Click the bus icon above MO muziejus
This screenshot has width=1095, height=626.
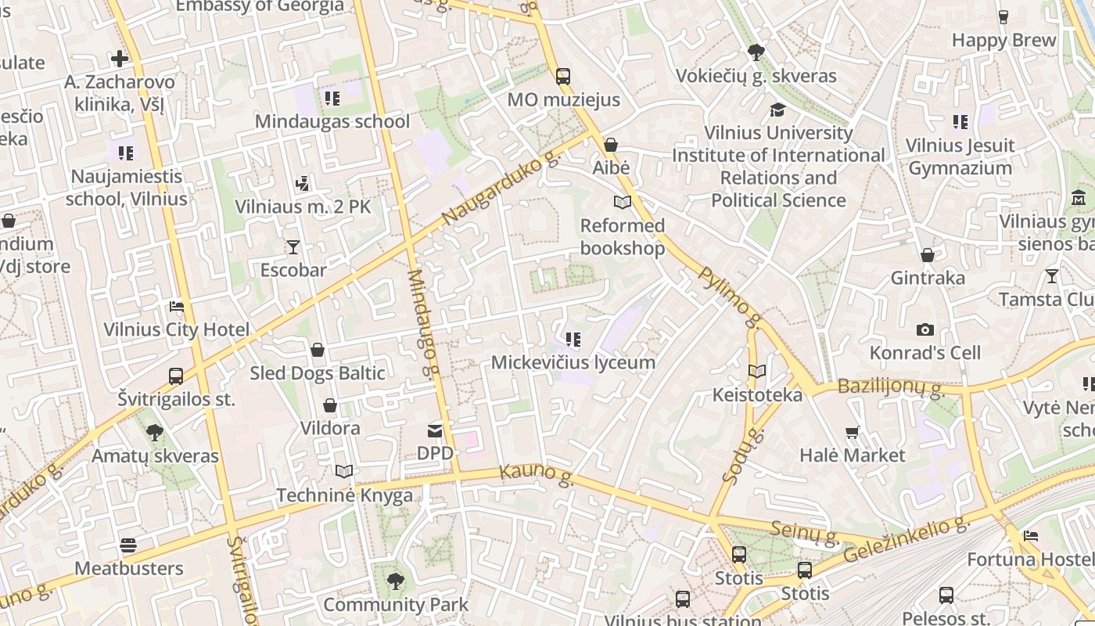(x=562, y=77)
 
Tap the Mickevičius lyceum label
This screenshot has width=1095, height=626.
(x=573, y=362)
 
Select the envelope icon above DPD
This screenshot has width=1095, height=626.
(x=435, y=431)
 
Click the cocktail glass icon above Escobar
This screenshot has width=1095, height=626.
(x=293, y=247)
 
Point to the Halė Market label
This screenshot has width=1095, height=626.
(x=852, y=455)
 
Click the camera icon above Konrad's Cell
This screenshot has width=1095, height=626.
(x=925, y=330)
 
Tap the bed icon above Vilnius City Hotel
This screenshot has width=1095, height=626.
(x=177, y=306)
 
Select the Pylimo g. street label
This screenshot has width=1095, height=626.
(x=730, y=297)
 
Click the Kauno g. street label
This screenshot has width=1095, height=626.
(x=537, y=474)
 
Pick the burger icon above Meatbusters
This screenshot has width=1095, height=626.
(x=128, y=545)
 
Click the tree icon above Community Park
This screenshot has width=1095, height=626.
(x=396, y=581)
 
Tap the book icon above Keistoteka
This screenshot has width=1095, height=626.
(x=757, y=372)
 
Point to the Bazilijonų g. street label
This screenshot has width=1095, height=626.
(x=889, y=387)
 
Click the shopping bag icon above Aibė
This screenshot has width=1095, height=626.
(x=611, y=145)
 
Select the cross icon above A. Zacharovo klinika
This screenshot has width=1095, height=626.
(x=120, y=59)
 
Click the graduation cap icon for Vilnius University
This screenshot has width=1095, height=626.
(x=777, y=110)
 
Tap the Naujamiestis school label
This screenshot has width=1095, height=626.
(x=126, y=187)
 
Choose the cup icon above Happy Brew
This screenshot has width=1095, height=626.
(x=1003, y=17)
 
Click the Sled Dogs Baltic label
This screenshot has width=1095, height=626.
(x=317, y=373)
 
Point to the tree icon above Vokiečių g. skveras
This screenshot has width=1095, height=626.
(x=756, y=53)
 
